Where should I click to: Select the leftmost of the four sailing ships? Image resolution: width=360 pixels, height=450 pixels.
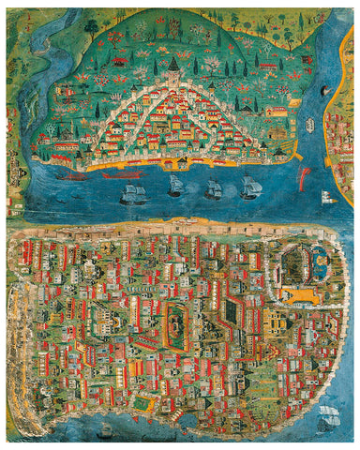(132, 194)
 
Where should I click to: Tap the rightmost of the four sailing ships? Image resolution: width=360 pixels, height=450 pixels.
(249, 188)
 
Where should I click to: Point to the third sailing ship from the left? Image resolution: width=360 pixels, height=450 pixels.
(214, 189)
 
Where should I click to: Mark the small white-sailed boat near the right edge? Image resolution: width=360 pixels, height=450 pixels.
(326, 198)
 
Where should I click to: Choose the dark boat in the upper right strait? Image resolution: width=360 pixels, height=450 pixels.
(324, 91)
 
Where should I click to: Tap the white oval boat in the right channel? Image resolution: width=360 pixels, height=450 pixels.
(309, 124)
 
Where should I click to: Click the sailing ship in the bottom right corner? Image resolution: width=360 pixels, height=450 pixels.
(328, 416)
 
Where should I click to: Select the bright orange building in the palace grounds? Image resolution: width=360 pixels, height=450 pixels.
(301, 294)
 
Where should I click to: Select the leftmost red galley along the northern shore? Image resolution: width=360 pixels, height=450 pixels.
(70, 175)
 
